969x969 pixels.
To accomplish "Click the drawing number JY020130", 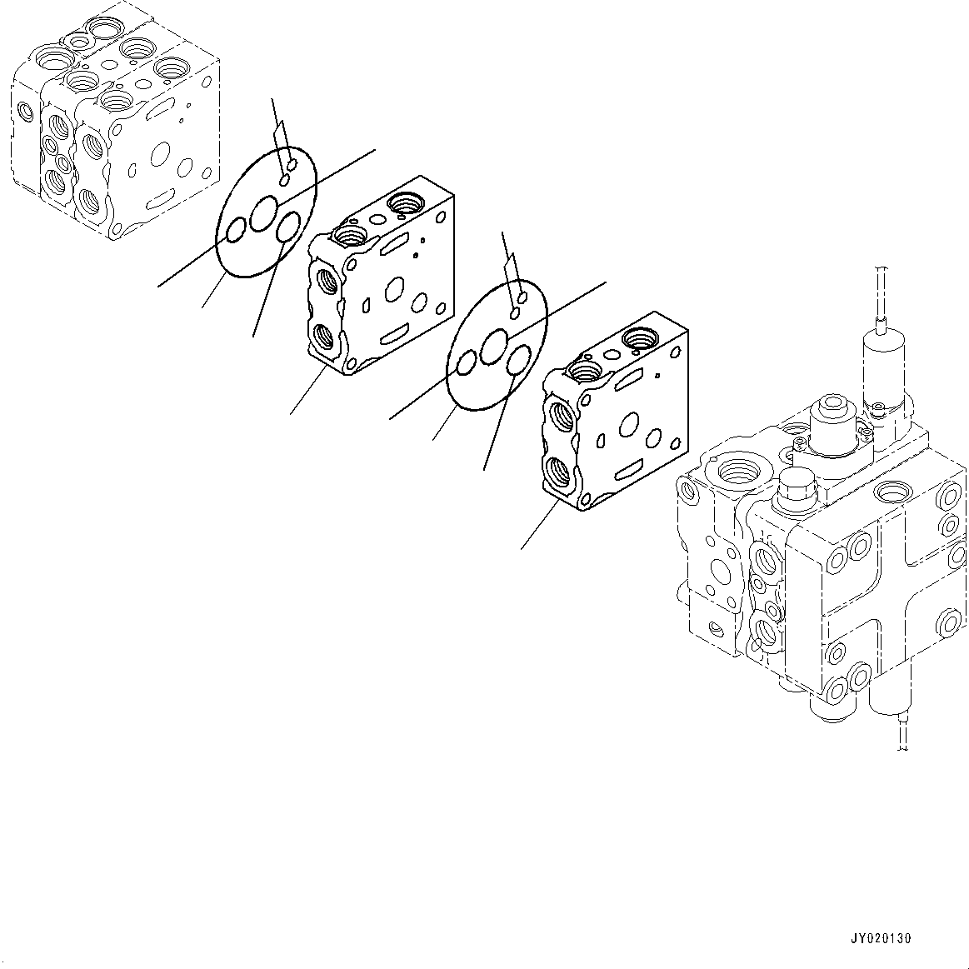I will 882,938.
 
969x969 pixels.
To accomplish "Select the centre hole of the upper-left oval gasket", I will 265,212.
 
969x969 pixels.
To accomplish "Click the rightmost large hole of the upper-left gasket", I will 291,227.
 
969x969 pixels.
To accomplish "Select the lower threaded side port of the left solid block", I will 325,339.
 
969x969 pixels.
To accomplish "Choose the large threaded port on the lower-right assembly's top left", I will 736,471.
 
